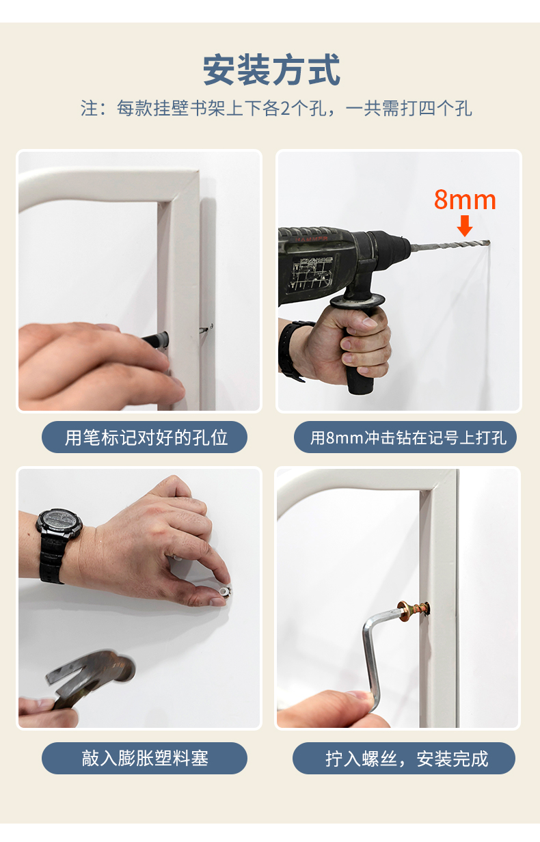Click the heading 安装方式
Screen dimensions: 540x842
click(271, 70)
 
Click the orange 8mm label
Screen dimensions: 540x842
click(465, 200)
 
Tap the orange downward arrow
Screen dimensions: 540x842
click(465, 226)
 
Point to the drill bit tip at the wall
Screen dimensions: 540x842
click(489, 242)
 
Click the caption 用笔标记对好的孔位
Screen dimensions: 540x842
click(146, 438)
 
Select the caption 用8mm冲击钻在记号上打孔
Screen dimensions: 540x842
click(408, 438)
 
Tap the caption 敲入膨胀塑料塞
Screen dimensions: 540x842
click(145, 758)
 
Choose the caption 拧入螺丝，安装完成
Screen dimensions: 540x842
click(407, 759)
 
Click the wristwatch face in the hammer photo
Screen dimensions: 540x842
click(59, 522)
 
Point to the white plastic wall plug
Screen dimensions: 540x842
click(225, 591)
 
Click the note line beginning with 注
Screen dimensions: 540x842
click(276, 108)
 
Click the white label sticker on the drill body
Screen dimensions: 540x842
click(310, 273)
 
